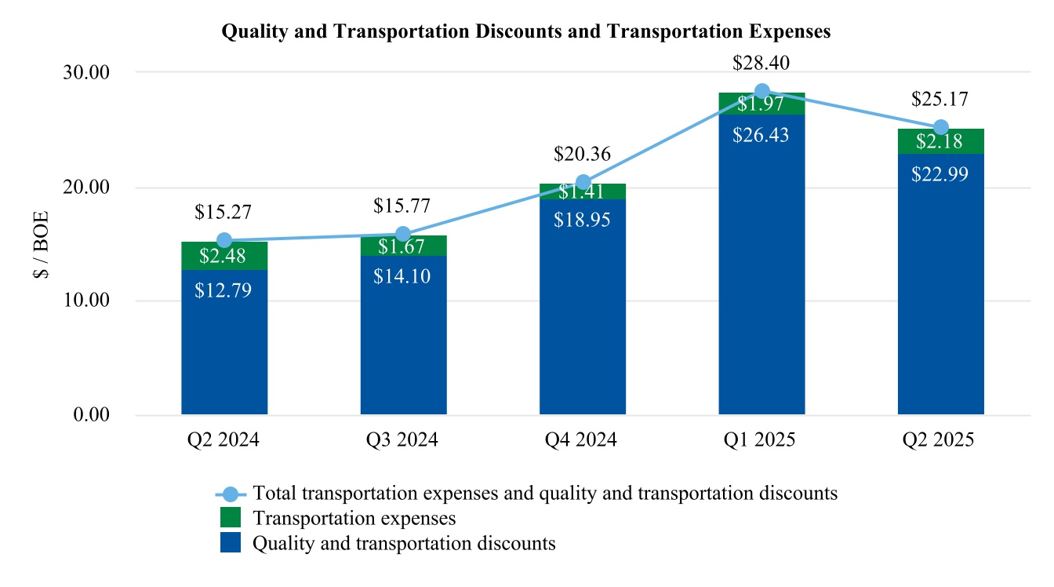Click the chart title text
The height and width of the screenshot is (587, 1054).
526,31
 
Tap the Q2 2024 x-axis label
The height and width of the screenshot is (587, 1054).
224,440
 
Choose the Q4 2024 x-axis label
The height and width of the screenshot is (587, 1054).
583,440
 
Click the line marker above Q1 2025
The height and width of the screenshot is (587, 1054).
761,92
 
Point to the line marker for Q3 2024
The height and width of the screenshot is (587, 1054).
403,234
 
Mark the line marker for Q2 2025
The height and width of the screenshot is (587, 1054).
941,128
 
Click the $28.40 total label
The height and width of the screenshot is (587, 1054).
761,63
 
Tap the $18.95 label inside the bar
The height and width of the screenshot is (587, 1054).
583,219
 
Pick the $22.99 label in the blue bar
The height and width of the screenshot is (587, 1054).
940,173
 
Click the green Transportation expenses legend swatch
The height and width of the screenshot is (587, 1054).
231,518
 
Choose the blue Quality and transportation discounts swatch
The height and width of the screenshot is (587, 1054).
231,542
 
